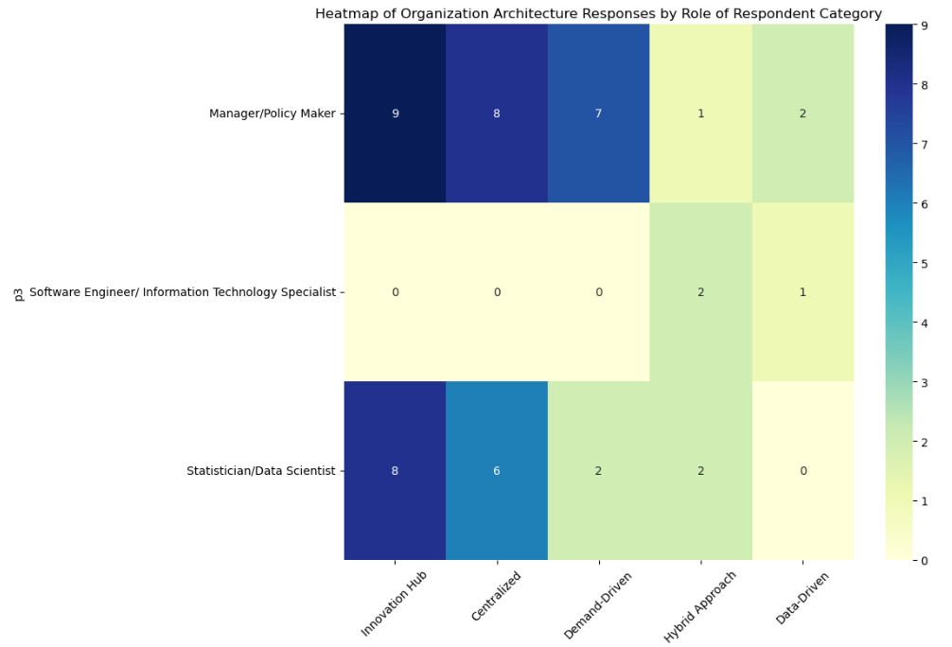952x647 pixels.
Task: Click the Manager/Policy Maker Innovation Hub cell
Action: [395, 114]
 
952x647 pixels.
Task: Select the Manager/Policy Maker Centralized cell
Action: [497, 114]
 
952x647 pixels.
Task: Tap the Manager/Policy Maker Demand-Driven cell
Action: [599, 114]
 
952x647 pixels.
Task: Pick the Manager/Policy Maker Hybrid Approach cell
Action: [701, 114]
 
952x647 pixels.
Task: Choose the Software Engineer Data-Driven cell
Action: [803, 292]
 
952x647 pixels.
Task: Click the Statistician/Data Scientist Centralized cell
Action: [497, 471]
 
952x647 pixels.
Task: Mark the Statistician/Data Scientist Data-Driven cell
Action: [803, 471]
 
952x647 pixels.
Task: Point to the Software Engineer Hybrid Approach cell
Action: [701, 292]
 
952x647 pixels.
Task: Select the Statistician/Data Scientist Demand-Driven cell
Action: [599, 471]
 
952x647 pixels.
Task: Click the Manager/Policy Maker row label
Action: [273, 114]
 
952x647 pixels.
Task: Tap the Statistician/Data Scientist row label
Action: [261, 471]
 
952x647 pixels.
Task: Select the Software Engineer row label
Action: [183, 292]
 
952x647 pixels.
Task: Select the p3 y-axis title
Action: [19, 292]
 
